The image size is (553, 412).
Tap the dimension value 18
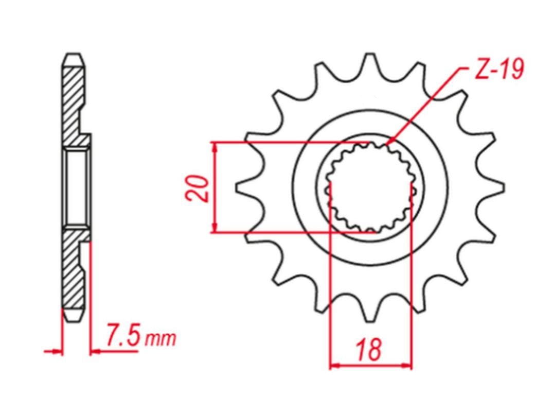(x=369, y=350)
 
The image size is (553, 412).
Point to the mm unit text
(x=160, y=338)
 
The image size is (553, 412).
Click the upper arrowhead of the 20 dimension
(x=214, y=148)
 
